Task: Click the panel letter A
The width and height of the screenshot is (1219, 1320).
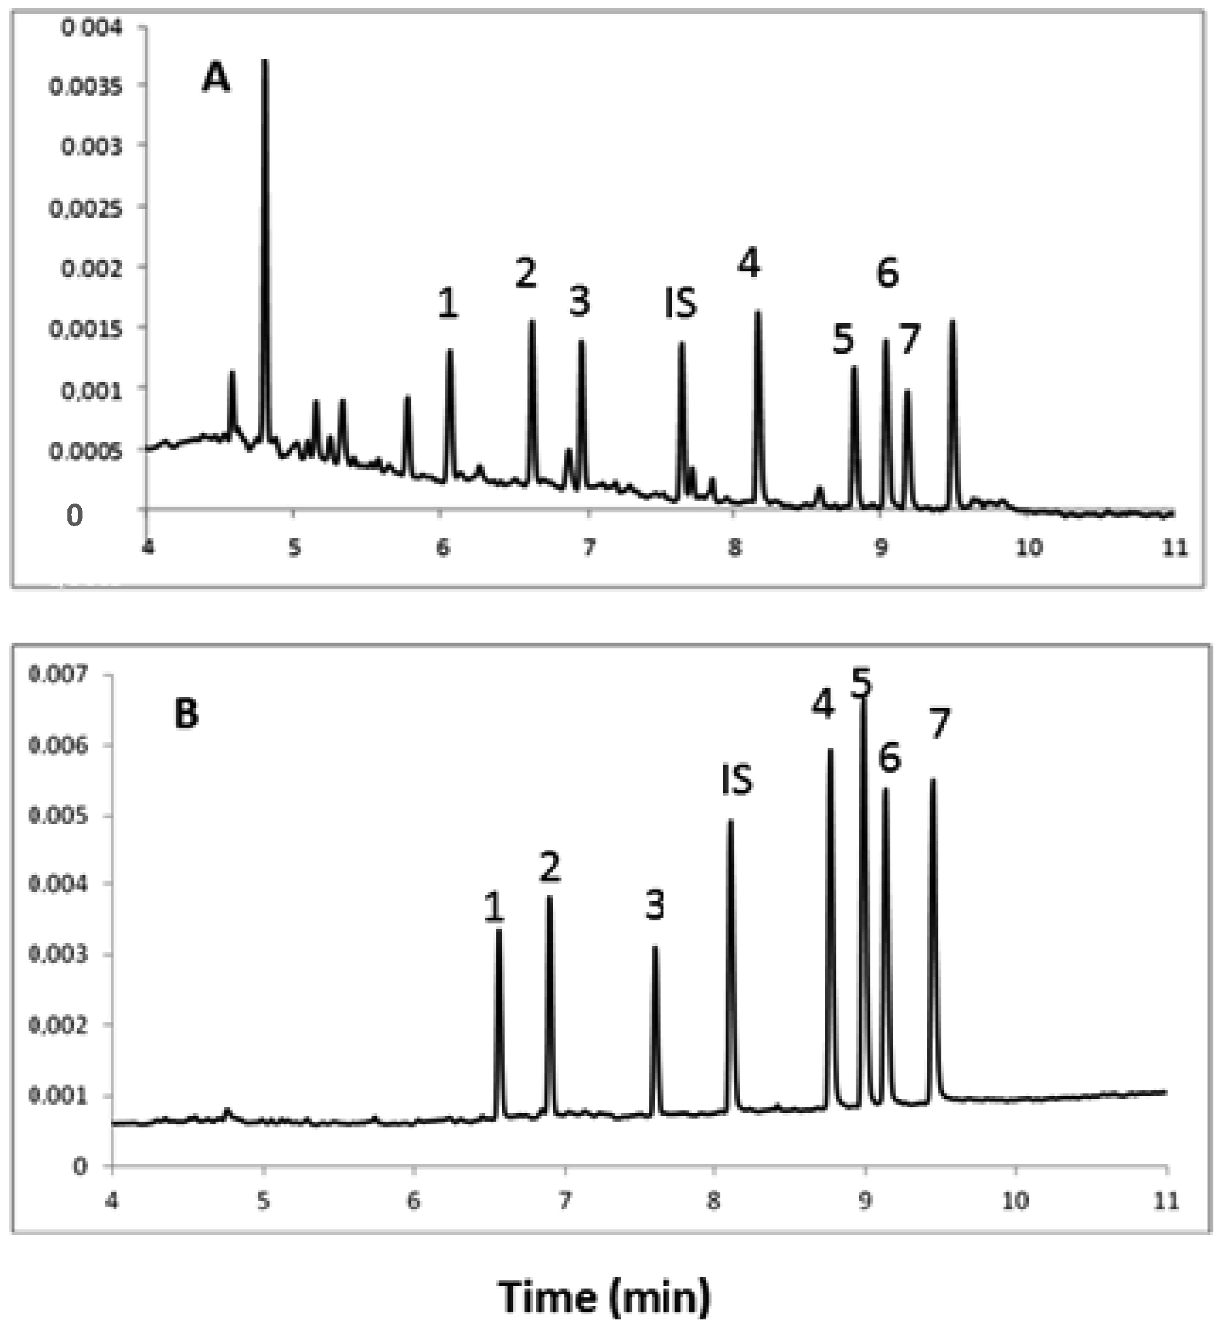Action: (216, 79)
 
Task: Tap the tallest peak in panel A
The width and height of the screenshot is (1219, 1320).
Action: (265, 63)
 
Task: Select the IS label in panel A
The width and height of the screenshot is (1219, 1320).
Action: (680, 304)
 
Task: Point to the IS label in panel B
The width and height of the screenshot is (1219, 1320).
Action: (737, 781)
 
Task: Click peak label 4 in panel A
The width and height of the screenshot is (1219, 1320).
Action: (749, 263)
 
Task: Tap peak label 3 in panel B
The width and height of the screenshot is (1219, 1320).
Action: (654, 905)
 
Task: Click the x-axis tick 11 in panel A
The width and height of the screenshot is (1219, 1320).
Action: (1174, 548)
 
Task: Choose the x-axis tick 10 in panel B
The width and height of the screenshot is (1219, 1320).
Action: (1016, 1200)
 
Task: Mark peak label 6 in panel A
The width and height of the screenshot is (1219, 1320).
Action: (888, 272)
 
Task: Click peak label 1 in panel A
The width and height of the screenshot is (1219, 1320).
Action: (448, 304)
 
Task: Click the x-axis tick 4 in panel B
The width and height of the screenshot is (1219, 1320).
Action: (113, 1200)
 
